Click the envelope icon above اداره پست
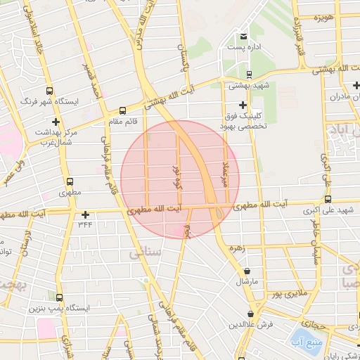coord(243,37)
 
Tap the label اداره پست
coord(243,47)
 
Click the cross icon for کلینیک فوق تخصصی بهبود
coord(243,105)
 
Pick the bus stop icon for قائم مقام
coord(123,110)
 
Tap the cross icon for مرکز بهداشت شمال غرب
coord(54,122)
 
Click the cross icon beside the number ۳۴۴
coord(85,214)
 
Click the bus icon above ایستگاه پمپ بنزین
coord(58,297)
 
